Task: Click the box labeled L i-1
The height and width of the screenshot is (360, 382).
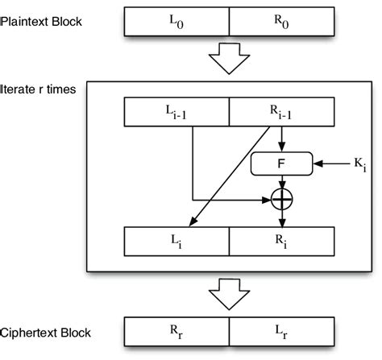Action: tap(177, 113)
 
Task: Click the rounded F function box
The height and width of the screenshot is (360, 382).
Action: tap(280, 164)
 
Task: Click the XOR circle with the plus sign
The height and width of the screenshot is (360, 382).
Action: tap(280, 197)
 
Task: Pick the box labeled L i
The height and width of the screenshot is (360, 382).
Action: tap(177, 242)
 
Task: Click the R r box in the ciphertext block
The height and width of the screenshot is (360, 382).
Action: tap(177, 332)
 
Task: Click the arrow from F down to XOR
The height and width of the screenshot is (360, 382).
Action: tap(280, 182)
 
